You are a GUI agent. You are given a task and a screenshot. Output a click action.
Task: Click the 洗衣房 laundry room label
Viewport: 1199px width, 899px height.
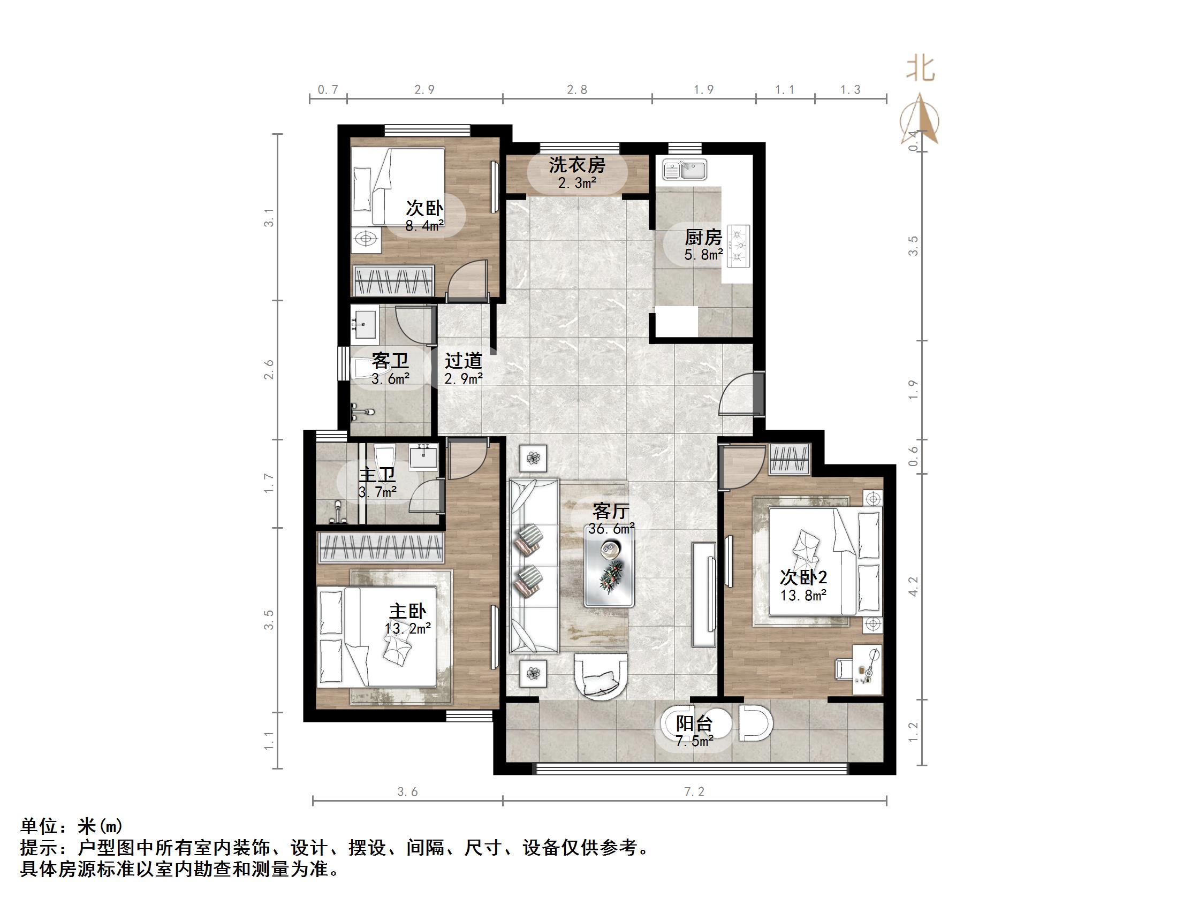pos(576,165)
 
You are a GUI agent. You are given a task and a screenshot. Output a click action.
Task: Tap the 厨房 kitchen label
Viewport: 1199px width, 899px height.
pos(703,238)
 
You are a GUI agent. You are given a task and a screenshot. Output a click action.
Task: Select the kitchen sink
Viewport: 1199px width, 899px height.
pos(685,170)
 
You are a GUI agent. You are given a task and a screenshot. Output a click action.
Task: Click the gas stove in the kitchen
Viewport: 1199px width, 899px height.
pos(738,247)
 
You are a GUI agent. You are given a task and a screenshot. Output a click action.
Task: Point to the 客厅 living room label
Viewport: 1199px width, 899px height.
pos(611,511)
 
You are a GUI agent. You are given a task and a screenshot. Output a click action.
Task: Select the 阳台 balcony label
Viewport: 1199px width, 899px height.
pos(694,723)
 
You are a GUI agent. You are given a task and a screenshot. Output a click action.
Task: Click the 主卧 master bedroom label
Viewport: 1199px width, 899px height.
pos(408,611)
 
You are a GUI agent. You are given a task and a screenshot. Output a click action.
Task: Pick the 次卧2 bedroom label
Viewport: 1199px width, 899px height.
pos(803,576)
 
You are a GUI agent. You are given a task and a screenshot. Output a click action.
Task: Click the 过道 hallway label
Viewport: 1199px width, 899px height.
pos(464,361)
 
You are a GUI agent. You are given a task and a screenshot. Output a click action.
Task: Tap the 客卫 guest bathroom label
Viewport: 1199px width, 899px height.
pos(390,361)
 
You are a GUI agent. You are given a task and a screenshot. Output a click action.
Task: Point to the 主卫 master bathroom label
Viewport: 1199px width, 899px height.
pos(377,475)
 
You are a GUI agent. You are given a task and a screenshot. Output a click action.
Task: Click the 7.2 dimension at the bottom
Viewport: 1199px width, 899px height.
pos(694,793)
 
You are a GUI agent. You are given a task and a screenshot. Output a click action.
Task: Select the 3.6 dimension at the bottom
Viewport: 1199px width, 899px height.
pos(408,793)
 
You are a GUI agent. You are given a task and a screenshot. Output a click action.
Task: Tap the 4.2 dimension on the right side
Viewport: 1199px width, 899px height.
pos(913,587)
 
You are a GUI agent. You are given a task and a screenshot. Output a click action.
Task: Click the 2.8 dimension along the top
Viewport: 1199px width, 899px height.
pos(576,90)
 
